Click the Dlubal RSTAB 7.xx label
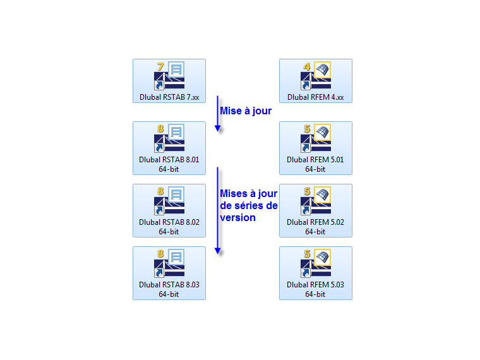(169, 97)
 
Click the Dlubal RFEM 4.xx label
(315, 97)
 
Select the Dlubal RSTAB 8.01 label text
(169, 160)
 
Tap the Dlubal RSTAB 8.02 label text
(169, 222)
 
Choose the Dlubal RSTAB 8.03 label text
(169, 285)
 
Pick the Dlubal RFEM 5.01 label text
(315, 160)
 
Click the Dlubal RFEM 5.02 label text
(315, 222)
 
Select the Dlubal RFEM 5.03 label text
(315, 285)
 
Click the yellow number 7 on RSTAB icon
(160, 66)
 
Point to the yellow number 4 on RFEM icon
(306, 66)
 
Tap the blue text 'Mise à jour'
(246, 111)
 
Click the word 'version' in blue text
(237, 217)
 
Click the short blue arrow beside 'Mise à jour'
(217, 114)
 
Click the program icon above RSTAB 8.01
(169, 139)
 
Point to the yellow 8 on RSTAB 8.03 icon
(160, 254)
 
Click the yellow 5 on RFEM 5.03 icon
(306, 254)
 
